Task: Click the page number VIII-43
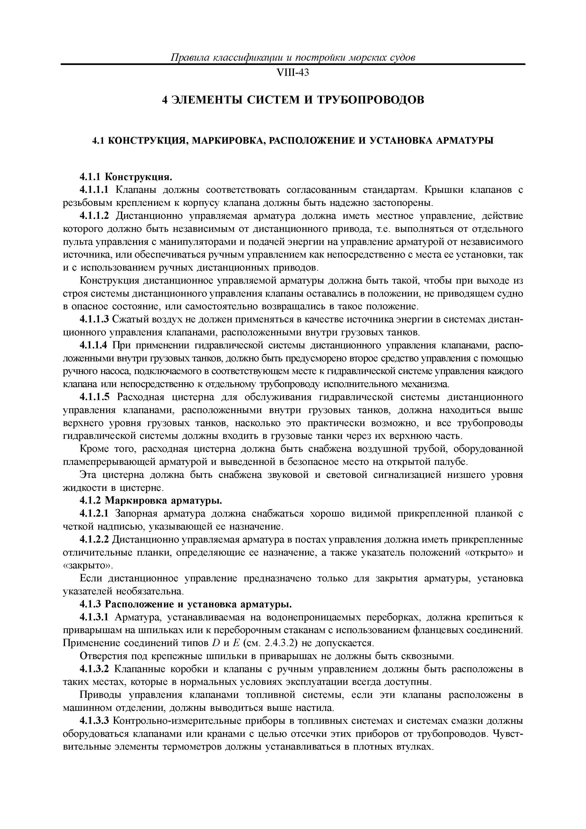coord(293,73)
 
